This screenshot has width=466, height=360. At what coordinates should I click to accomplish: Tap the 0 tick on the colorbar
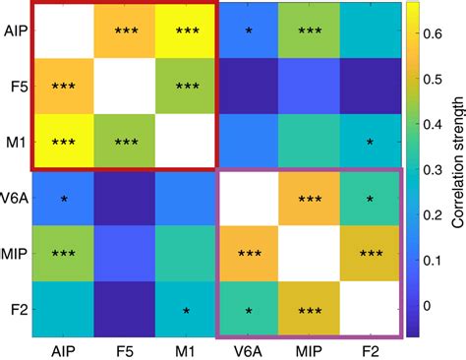click(x=429, y=304)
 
